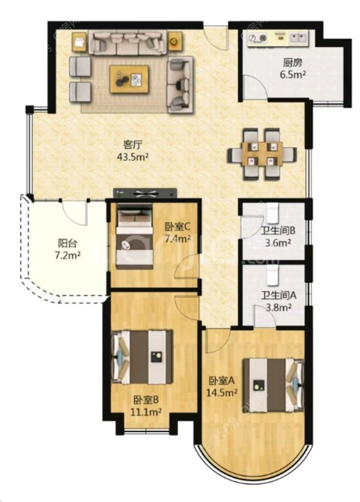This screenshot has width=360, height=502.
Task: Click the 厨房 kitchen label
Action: coord(292,62)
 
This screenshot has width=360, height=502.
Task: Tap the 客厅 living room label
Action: coord(133,145)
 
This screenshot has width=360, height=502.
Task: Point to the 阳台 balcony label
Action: coord(68,243)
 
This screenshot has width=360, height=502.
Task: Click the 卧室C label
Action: coord(178,227)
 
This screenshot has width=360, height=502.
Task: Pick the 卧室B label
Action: coord(146,399)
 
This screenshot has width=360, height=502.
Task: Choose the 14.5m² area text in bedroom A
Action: coord(222,392)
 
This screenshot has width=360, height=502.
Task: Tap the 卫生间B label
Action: coord(278,231)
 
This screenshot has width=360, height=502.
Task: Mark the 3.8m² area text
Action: coord(278,307)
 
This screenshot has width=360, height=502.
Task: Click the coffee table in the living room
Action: coord(129,79)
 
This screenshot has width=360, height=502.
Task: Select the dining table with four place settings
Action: coord(262,154)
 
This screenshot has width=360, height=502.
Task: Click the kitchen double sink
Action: coord(299,38)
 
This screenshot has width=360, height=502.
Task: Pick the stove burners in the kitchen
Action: coord(257,38)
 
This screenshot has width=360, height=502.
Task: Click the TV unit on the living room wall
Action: coord(145,193)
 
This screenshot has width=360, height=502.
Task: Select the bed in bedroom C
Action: coord(134,235)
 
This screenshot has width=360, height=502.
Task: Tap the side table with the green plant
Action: coord(175,41)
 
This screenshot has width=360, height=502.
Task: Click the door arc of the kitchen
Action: coord(254,86)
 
